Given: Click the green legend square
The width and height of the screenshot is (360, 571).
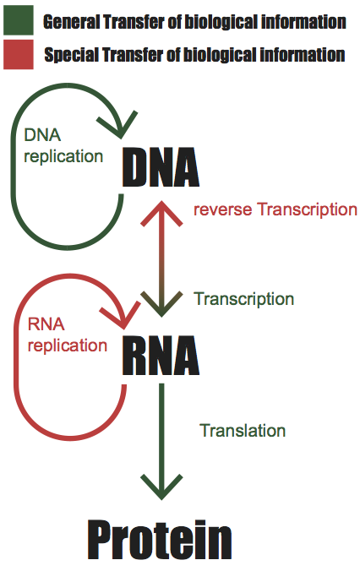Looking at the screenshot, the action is tap(19, 20).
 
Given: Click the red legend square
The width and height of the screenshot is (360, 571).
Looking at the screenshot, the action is tap(19, 54).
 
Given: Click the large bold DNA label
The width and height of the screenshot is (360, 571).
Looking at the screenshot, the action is tap(161, 167).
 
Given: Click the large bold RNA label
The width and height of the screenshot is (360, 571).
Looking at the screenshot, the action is tap(161, 356).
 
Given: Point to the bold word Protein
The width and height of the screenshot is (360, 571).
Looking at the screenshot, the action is tap(160, 541).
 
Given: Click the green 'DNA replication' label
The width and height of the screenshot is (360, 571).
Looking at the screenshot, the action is tap(63, 146).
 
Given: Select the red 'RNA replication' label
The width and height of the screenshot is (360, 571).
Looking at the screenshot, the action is tap(68, 335).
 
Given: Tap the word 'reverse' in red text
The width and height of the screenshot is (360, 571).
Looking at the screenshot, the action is tap(222, 210).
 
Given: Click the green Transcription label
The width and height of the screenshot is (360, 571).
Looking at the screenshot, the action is tap(243, 299).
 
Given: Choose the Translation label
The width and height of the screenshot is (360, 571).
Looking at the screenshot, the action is tap(243, 431).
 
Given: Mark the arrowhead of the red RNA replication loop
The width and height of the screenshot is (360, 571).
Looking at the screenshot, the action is tap(122, 315).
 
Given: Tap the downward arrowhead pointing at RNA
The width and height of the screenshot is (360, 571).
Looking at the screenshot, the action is tap(161, 304).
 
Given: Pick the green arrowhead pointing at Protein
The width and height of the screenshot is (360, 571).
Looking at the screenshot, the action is tap(161, 487).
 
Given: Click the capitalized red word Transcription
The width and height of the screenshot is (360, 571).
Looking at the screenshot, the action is tap(307, 210).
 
